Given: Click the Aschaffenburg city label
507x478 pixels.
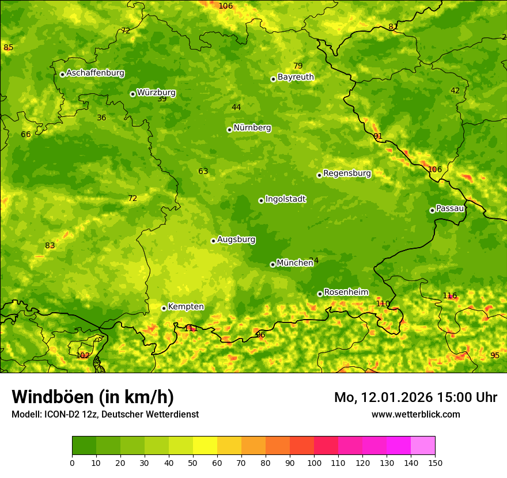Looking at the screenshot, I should pos(95,73).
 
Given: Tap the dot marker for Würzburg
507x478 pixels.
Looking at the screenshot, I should pos(133,94).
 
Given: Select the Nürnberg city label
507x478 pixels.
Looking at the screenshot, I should pos(252,128).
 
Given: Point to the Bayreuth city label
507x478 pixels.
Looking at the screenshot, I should pos(296,77).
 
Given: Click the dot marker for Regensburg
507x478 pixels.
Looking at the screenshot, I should pos(319,175).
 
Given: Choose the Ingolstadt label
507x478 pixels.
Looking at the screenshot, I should pos(285,199).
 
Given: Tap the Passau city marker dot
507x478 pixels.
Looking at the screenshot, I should pos(432,210).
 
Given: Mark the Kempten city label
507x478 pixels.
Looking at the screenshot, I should pos(186,307).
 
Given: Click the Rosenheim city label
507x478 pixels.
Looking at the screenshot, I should pos(346,293).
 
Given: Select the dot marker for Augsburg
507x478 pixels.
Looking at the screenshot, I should pos(213,241).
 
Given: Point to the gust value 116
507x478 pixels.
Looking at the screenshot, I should pos(449,296).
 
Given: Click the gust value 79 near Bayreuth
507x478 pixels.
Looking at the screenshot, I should pos(298,66).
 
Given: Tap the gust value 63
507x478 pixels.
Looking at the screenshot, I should pos(203,171).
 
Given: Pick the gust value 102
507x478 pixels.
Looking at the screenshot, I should pos(83,355).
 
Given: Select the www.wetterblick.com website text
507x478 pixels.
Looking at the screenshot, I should pos(415,414).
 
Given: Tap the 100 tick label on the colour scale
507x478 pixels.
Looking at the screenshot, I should pos(314,462).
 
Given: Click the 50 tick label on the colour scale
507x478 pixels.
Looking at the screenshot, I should pos(193,462).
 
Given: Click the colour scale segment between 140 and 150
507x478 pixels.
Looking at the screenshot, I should pos(423,446).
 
